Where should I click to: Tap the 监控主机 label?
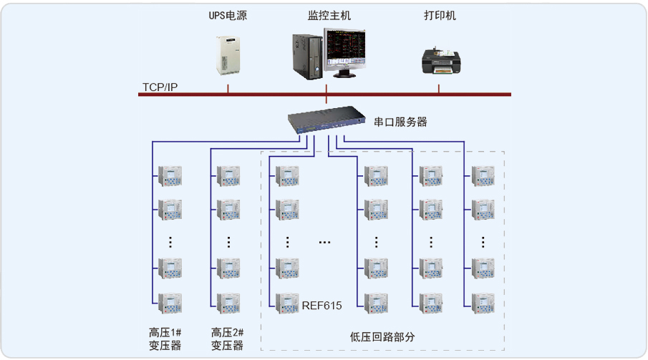pyautogui.click(x=329, y=15)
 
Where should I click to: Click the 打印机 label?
pyautogui.click(x=439, y=15)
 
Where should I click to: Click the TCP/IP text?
pyautogui.click(x=160, y=87)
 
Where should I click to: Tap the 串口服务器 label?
pyautogui.click(x=400, y=122)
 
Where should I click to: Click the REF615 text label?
pyautogui.click(x=321, y=306)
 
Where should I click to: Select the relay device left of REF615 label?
pyautogui.click(x=288, y=303)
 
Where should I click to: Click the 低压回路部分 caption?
pyautogui.click(x=382, y=336)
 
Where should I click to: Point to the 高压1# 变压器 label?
pyautogui.click(x=165, y=339)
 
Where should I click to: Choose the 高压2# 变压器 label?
pyautogui.click(x=227, y=339)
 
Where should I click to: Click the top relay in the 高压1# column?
pyautogui.click(x=170, y=175)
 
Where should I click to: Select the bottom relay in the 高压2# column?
pyautogui.click(x=228, y=303)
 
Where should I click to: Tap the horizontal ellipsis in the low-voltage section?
pyautogui.click(x=324, y=243)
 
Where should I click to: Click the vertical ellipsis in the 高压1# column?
pyautogui.click(x=170, y=242)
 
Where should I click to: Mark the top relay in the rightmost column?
pyautogui.click(x=483, y=175)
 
